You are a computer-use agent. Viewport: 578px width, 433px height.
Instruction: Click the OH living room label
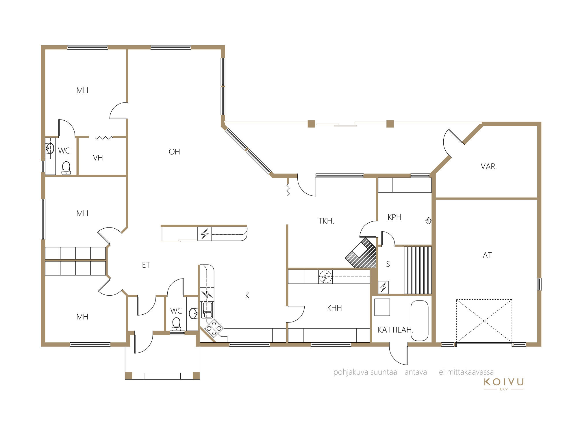click(x=174, y=152)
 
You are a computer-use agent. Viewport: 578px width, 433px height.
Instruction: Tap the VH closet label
click(x=98, y=158)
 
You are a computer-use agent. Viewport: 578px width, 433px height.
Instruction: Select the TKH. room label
click(x=326, y=221)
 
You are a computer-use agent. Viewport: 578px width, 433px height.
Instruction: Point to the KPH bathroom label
click(x=394, y=217)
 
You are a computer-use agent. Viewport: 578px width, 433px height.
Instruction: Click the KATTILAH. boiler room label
click(x=395, y=330)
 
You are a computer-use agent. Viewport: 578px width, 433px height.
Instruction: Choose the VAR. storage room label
click(x=489, y=167)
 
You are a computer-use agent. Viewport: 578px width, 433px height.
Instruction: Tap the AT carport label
click(x=487, y=255)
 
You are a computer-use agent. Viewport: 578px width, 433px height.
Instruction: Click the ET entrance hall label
click(x=146, y=265)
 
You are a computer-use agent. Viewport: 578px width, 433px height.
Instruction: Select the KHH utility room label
click(x=334, y=308)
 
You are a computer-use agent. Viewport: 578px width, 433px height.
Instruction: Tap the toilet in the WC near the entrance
click(x=176, y=324)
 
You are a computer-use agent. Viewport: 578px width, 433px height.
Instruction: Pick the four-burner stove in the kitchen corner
click(x=214, y=329)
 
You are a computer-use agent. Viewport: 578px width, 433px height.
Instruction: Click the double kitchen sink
click(x=207, y=310)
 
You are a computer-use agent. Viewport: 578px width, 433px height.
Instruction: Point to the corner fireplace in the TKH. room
click(x=361, y=253)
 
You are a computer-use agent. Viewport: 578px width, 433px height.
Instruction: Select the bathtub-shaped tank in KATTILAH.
click(x=419, y=321)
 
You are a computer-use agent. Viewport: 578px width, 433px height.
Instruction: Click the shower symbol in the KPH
click(x=428, y=221)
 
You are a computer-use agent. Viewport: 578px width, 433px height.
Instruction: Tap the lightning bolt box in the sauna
click(x=383, y=288)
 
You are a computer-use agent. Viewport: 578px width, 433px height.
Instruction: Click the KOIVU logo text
click(x=504, y=382)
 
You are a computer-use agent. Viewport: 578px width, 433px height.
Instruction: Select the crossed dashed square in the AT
click(x=484, y=321)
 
